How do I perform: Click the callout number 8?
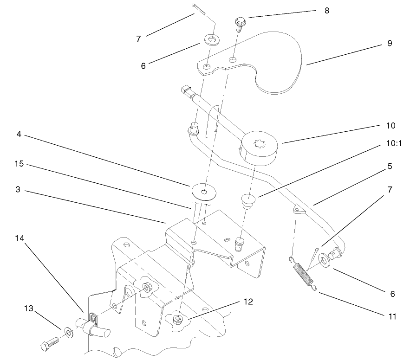pyautogui.click(x=327, y=11)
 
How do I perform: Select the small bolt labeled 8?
pyautogui.click(x=240, y=23)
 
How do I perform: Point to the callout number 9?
pyautogui.click(x=390, y=43)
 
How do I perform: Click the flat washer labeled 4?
pyautogui.click(x=202, y=190)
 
